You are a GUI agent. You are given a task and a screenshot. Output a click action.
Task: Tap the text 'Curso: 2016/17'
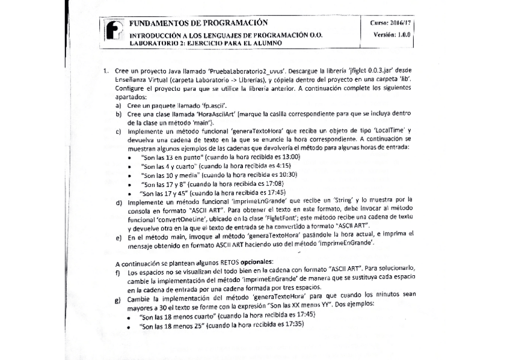391,22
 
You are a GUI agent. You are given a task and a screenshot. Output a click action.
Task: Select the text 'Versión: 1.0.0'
392,35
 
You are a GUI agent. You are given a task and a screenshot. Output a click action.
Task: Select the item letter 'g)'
118,299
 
